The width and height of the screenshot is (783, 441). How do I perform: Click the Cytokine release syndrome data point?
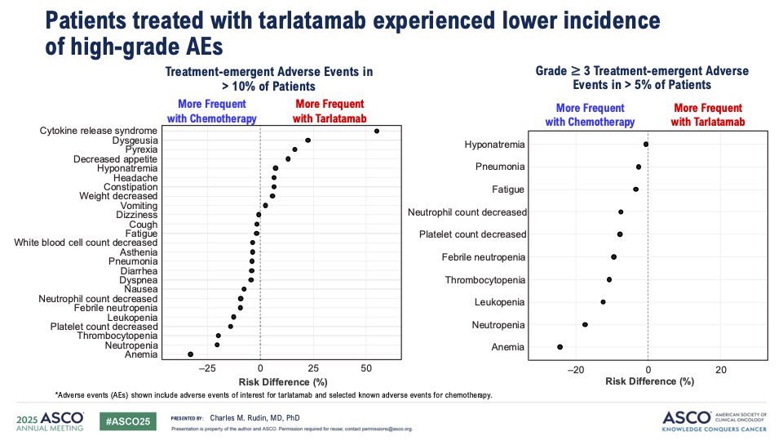click(x=377, y=131)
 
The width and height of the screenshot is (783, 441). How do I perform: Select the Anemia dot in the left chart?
click(x=190, y=354)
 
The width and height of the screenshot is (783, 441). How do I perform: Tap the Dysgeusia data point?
click(x=307, y=140)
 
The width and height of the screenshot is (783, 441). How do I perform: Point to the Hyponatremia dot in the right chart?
click(x=646, y=144)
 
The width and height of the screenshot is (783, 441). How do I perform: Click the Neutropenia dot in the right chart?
click(x=585, y=324)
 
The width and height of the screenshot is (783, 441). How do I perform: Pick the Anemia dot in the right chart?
click(x=560, y=347)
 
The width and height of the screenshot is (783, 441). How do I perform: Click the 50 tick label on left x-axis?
click(x=366, y=368)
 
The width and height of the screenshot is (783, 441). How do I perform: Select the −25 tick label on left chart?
click(x=207, y=368)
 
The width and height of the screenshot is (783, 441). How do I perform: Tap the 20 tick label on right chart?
click(x=720, y=370)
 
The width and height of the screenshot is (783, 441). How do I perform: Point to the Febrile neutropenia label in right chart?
click(x=484, y=257)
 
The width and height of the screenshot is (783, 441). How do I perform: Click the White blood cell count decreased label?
click(x=86, y=243)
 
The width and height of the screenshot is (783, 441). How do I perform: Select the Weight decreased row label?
click(x=118, y=196)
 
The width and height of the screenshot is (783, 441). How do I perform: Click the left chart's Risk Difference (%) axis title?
click(x=283, y=382)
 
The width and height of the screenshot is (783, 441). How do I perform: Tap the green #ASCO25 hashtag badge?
click(x=128, y=421)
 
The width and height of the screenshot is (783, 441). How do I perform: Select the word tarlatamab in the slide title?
click(x=312, y=20)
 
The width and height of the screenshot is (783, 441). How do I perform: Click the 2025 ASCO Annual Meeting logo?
click(x=50, y=421)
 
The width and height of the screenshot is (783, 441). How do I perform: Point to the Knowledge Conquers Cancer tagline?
click(x=714, y=429)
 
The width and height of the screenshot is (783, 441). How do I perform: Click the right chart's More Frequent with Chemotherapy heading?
click(x=590, y=115)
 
